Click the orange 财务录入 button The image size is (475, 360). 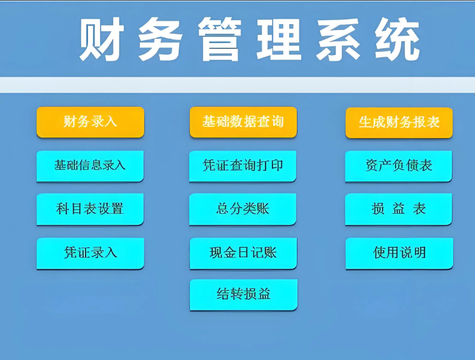coord(90,121)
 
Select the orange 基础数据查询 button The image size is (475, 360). coord(242,121)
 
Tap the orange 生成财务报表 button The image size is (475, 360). coord(399,122)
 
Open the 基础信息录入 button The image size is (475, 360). coord(90,166)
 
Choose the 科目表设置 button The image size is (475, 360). coord(90,209)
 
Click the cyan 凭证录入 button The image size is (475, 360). coord(90,252)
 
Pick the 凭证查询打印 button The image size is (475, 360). coord(242,166)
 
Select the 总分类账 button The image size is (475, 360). coord(242,209)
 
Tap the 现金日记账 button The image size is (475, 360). coord(243,252)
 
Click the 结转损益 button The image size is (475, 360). coord(243,294)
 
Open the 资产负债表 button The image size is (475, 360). coord(399,166)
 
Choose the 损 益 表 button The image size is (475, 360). coord(399,209)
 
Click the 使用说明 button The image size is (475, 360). coord(399,252)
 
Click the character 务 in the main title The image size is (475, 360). coord(161,41)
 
